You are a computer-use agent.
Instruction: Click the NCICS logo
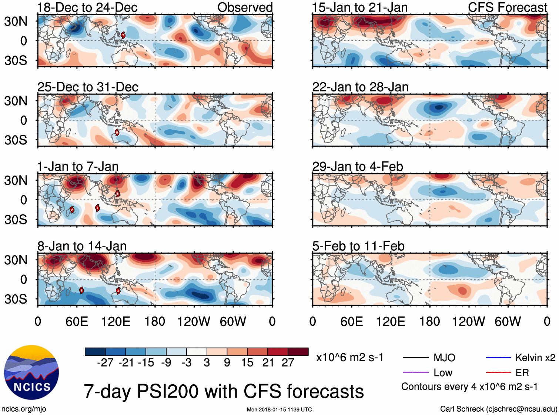pos(31,372)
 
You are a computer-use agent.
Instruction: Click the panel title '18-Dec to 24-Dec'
pos(87,7)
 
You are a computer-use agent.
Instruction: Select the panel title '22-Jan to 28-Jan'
pos(360,87)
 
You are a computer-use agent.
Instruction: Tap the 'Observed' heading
pos(245,7)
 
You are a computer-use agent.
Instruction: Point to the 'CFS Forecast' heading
pos(507,7)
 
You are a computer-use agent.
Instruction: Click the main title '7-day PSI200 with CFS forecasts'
pos(224,391)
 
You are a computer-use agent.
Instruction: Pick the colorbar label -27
pos(105,362)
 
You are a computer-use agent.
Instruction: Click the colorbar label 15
pos(247,362)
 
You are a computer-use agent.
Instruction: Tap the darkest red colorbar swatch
pos(298,352)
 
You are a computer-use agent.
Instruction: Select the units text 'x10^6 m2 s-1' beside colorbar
pos(349,358)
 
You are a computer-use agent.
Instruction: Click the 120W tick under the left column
pos(194,321)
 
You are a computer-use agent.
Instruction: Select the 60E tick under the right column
pos(351,321)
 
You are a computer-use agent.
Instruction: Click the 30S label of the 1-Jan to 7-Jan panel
pos(16,220)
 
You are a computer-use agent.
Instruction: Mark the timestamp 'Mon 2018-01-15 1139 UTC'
pos(279,409)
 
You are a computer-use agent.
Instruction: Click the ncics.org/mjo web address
pos(24,409)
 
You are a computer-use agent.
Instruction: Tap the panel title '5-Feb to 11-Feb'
pos(358,246)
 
